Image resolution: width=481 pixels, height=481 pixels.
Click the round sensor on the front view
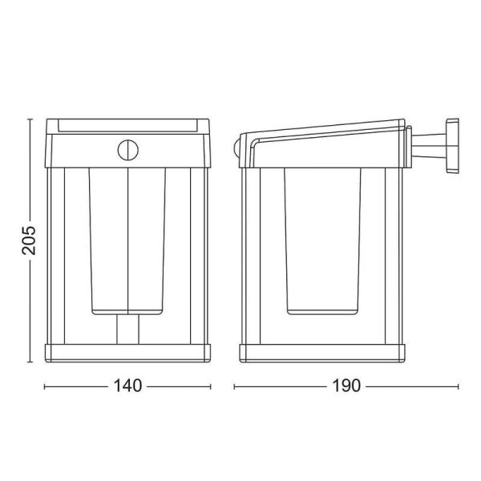(x=127, y=150)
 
